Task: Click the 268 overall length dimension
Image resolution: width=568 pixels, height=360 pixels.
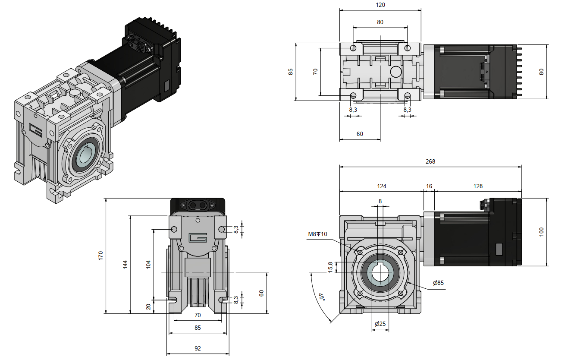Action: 430,162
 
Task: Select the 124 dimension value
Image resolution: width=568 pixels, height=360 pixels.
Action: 381,186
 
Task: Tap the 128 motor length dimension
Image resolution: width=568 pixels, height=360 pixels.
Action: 477,186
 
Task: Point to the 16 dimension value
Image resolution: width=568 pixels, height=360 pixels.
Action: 429,186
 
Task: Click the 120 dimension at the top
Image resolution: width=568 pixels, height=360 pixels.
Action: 380,5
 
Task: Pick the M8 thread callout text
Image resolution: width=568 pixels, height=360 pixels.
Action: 317,234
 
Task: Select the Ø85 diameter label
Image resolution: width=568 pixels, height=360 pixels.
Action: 438,283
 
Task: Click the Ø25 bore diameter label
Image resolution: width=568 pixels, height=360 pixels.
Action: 380,324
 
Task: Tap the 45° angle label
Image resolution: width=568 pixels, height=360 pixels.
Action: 321,297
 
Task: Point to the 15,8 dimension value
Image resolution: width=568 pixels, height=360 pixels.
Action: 331,268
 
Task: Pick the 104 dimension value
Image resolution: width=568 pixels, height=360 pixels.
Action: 148,264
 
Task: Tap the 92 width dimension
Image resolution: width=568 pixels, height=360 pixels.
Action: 198,348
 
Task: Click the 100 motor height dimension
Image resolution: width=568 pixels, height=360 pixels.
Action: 541,232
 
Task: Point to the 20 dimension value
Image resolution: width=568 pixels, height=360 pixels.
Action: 148,306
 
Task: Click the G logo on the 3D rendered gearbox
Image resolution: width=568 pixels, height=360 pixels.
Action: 36,129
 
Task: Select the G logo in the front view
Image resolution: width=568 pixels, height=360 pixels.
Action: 198,238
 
